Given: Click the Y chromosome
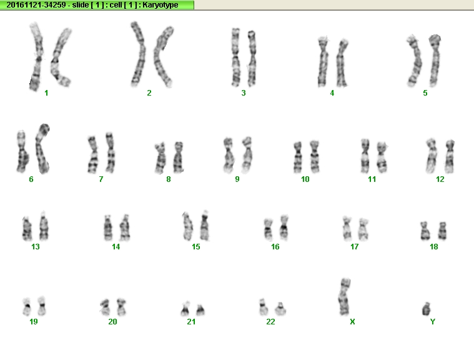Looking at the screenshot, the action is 427,309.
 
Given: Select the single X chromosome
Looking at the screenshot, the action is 344,297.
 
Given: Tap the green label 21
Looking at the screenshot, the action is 191,322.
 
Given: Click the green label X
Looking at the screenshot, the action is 352,322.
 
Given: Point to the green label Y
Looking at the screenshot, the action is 433,322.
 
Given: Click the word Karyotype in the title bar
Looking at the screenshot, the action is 160,5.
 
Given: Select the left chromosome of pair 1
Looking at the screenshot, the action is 37,57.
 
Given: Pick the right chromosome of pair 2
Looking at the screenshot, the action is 162,57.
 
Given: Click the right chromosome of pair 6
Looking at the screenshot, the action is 42,149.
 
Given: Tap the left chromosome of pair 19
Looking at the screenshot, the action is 27,306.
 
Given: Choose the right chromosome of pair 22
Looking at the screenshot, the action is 280,309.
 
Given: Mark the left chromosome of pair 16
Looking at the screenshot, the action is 268,229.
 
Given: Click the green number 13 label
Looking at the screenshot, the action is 36,247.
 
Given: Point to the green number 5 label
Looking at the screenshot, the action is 425,93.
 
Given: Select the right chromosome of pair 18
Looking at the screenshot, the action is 442,231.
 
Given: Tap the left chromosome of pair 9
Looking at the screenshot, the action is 228,156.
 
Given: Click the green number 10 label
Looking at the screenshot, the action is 305,179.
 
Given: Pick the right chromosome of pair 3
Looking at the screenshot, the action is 252,58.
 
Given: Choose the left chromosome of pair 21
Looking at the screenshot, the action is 185,309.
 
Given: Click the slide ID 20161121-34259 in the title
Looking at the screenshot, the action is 36,5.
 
